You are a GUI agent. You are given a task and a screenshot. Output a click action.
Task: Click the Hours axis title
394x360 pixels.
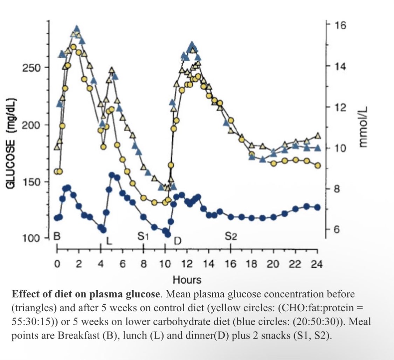click(187, 280)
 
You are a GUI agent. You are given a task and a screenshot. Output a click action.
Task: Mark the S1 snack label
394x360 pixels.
click(143, 236)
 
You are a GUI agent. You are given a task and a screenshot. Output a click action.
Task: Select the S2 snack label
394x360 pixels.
click(231, 236)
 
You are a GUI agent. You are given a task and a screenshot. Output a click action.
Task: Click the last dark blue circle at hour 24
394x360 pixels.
click(317, 207)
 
